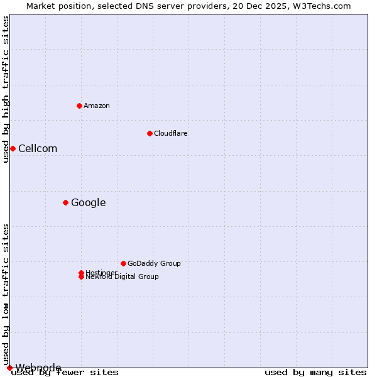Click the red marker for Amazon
coord(79,106)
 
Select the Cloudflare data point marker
coord(150,133)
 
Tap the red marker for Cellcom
coord(13,148)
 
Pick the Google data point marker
coord(65,202)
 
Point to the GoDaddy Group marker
coord(123,263)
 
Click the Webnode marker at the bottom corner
coord(9,368)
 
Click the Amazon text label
coord(96,106)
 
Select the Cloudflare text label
coord(170,133)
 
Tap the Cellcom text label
coord(38,148)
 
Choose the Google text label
coord(88,202)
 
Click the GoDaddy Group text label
coord(154,263)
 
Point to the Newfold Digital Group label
coord(123,277)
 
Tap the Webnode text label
coord(38,368)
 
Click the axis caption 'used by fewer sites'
coord(65,373)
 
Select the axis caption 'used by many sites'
coord(315,373)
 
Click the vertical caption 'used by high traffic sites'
coord(6,89)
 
